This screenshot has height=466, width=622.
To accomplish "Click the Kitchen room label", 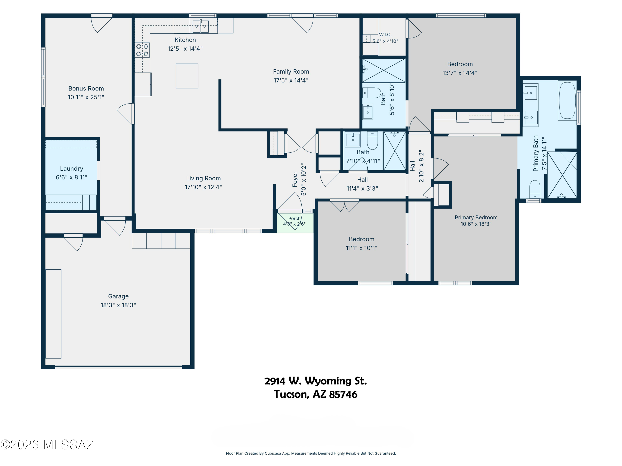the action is (x=185, y=40).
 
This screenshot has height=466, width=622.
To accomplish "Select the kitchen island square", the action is (x=187, y=76).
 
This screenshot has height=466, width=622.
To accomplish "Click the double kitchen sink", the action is (x=200, y=27).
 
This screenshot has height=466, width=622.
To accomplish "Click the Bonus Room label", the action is (x=86, y=88).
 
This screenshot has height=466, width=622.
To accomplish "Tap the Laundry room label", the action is (x=71, y=169).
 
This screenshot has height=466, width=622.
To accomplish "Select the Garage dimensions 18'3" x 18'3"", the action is (x=118, y=305).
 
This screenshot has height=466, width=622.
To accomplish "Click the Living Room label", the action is (x=203, y=178).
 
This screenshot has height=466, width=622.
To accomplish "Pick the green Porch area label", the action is (x=294, y=219).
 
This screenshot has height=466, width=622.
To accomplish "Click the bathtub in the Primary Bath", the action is (x=567, y=101).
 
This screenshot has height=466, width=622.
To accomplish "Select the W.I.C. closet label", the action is (x=385, y=35).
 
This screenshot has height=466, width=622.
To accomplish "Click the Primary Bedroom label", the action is (x=476, y=217).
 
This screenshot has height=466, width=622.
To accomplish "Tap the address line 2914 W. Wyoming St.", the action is (x=316, y=381).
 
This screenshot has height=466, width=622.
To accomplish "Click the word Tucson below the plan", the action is (x=291, y=394).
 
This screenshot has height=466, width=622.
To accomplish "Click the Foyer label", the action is (x=295, y=179).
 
